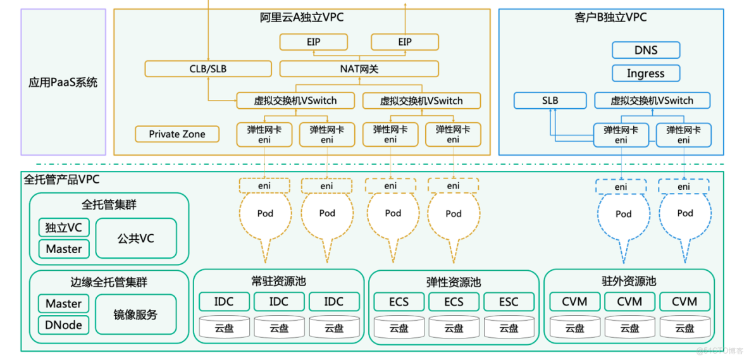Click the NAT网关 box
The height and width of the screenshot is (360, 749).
[359, 69]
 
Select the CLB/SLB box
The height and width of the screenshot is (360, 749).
[207, 69]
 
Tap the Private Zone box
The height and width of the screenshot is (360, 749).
[177, 134]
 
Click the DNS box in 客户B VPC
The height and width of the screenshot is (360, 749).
[645, 50]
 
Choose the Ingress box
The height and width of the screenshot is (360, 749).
[645, 73]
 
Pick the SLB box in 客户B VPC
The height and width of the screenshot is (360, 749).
[550, 101]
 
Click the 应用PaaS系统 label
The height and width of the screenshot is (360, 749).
[63, 82]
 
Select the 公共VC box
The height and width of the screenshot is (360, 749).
[135, 239]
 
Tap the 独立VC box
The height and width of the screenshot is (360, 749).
[63, 228]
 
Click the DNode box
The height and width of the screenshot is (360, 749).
[63, 325]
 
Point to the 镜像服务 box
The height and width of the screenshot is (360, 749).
[135, 314]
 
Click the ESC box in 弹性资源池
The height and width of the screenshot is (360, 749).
[509, 302]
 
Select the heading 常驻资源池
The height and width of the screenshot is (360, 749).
[278, 281]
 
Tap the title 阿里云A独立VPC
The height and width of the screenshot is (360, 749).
[302, 18]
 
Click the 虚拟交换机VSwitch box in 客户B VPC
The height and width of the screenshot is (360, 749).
[652, 101]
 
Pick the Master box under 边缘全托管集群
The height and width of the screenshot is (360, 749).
[63, 304]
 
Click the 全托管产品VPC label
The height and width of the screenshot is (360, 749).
[61, 180]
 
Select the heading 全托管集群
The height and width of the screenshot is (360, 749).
[109, 205]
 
